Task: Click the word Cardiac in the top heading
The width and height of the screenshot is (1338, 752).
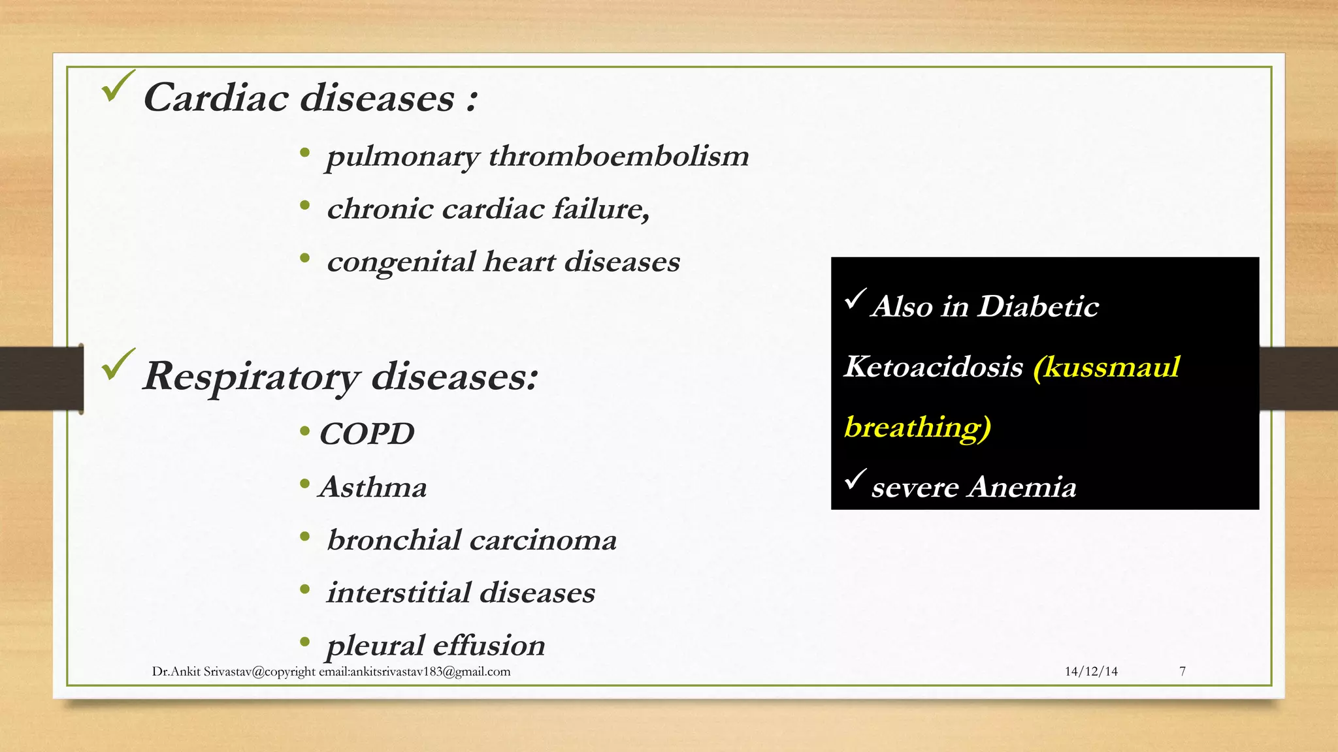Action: pyautogui.click(x=216, y=98)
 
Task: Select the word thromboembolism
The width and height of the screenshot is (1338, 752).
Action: pyautogui.click(x=619, y=156)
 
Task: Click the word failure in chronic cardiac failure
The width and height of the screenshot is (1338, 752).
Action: pyautogui.click(x=601, y=209)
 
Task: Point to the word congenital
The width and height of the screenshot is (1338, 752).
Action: pyautogui.click(x=400, y=262)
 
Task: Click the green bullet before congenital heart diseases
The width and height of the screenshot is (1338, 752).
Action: pyautogui.click(x=304, y=258)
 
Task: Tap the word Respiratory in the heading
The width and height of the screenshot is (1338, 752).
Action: pyautogui.click(x=250, y=377)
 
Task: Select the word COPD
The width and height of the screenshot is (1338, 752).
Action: pyautogui.click(x=367, y=434)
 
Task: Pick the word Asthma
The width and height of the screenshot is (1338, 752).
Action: pyautogui.click(x=373, y=488)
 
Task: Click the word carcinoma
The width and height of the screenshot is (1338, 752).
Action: pyautogui.click(x=543, y=540)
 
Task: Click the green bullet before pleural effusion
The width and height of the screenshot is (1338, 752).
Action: pyautogui.click(x=304, y=642)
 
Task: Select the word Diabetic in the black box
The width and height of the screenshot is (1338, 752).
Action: pyautogui.click(x=1038, y=306)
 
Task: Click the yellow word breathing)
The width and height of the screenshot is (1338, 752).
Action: pyautogui.click(x=917, y=427)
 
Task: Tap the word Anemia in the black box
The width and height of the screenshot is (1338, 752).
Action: pyautogui.click(x=1022, y=487)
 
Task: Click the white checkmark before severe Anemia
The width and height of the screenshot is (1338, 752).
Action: pyautogui.click(x=855, y=480)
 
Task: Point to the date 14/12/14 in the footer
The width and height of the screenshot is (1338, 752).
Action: pyautogui.click(x=1091, y=672)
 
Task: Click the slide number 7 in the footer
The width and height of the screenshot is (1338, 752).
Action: pyautogui.click(x=1183, y=672)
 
